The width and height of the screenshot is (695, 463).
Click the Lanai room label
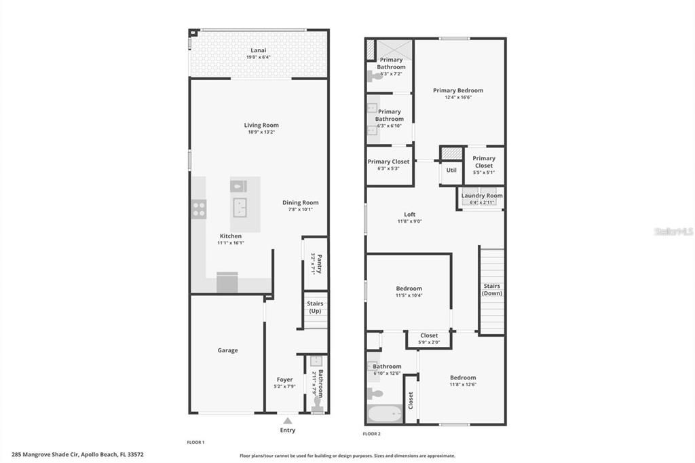point(258,50)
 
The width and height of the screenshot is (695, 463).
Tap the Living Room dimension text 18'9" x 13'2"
point(261,132)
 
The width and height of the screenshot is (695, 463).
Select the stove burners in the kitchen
point(198,209)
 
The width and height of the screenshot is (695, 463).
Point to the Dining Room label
point(300,202)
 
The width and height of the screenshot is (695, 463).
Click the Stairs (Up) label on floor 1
point(315,308)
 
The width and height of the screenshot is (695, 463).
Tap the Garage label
point(227,350)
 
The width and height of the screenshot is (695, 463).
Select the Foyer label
point(284,379)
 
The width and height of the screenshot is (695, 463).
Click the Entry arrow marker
point(288,421)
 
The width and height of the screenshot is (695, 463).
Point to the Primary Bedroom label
point(458,90)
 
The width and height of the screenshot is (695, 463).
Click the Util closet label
point(451,170)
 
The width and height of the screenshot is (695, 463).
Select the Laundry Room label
point(483,196)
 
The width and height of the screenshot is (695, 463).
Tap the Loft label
point(409,215)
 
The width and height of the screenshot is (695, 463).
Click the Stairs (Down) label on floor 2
point(491,290)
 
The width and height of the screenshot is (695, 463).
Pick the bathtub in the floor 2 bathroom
point(384,413)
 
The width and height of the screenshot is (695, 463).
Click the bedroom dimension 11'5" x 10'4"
point(409,295)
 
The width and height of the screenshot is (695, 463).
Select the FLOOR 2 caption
point(371,433)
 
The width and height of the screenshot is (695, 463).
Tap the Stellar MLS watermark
point(673,231)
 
